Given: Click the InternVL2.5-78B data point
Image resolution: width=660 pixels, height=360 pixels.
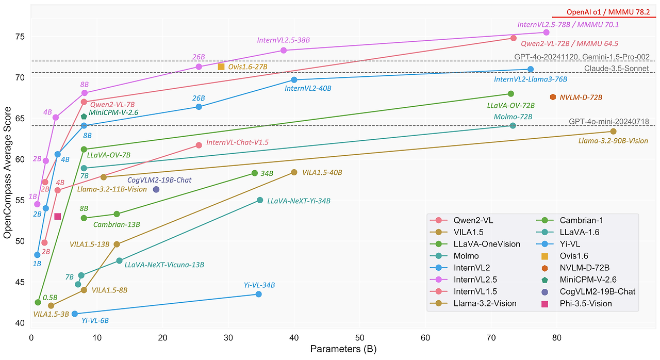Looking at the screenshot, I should tap(546, 32).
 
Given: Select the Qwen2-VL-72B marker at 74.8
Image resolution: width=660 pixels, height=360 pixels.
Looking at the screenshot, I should tap(513, 38).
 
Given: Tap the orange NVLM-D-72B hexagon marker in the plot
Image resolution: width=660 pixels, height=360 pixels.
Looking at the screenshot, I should tap(553, 97).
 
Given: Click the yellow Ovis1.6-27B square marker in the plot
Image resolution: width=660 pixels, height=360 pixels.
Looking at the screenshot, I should tap(221, 67).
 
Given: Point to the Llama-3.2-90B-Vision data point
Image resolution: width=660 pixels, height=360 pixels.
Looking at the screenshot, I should tap(613, 132).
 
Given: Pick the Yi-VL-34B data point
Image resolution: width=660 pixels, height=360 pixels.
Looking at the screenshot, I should tap(258, 294).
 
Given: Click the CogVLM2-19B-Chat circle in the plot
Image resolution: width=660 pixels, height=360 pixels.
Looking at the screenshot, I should tap(156, 189).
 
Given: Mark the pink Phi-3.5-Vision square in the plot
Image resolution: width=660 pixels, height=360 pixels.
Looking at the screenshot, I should tap(58, 217).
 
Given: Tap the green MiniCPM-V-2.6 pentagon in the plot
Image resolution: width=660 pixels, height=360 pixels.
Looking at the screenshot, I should tap(84, 117).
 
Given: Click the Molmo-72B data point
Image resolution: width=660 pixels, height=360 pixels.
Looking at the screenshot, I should tap(513, 126).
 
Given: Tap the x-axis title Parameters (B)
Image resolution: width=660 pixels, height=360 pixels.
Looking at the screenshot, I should tap(343, 349).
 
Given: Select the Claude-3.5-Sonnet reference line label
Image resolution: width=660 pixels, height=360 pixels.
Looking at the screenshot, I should tap(616, 68).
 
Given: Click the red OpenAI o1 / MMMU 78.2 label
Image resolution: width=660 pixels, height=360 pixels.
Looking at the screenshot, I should tap(603, 12).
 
